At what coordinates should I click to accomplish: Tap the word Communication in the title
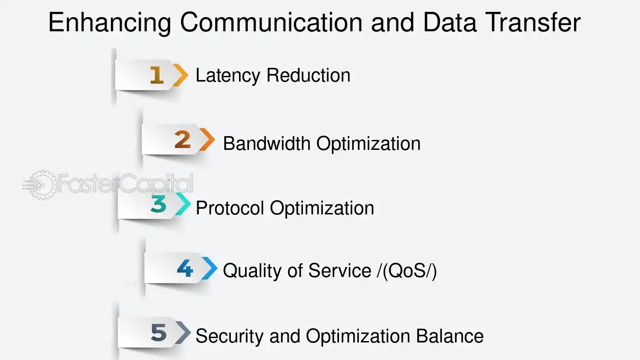pos(271,22)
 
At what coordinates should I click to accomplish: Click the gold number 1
pos(157,75)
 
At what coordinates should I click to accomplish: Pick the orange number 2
pos(183,139)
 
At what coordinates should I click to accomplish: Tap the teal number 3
pos(158,203)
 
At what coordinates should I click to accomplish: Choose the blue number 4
pos(185,268)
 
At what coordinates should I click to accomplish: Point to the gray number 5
pos(159,332)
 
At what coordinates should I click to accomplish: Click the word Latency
pos(228,76)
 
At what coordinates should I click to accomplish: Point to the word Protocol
pos(230,208)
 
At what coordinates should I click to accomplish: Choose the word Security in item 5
pos(229,337)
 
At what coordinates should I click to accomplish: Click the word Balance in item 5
pos(450,335)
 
